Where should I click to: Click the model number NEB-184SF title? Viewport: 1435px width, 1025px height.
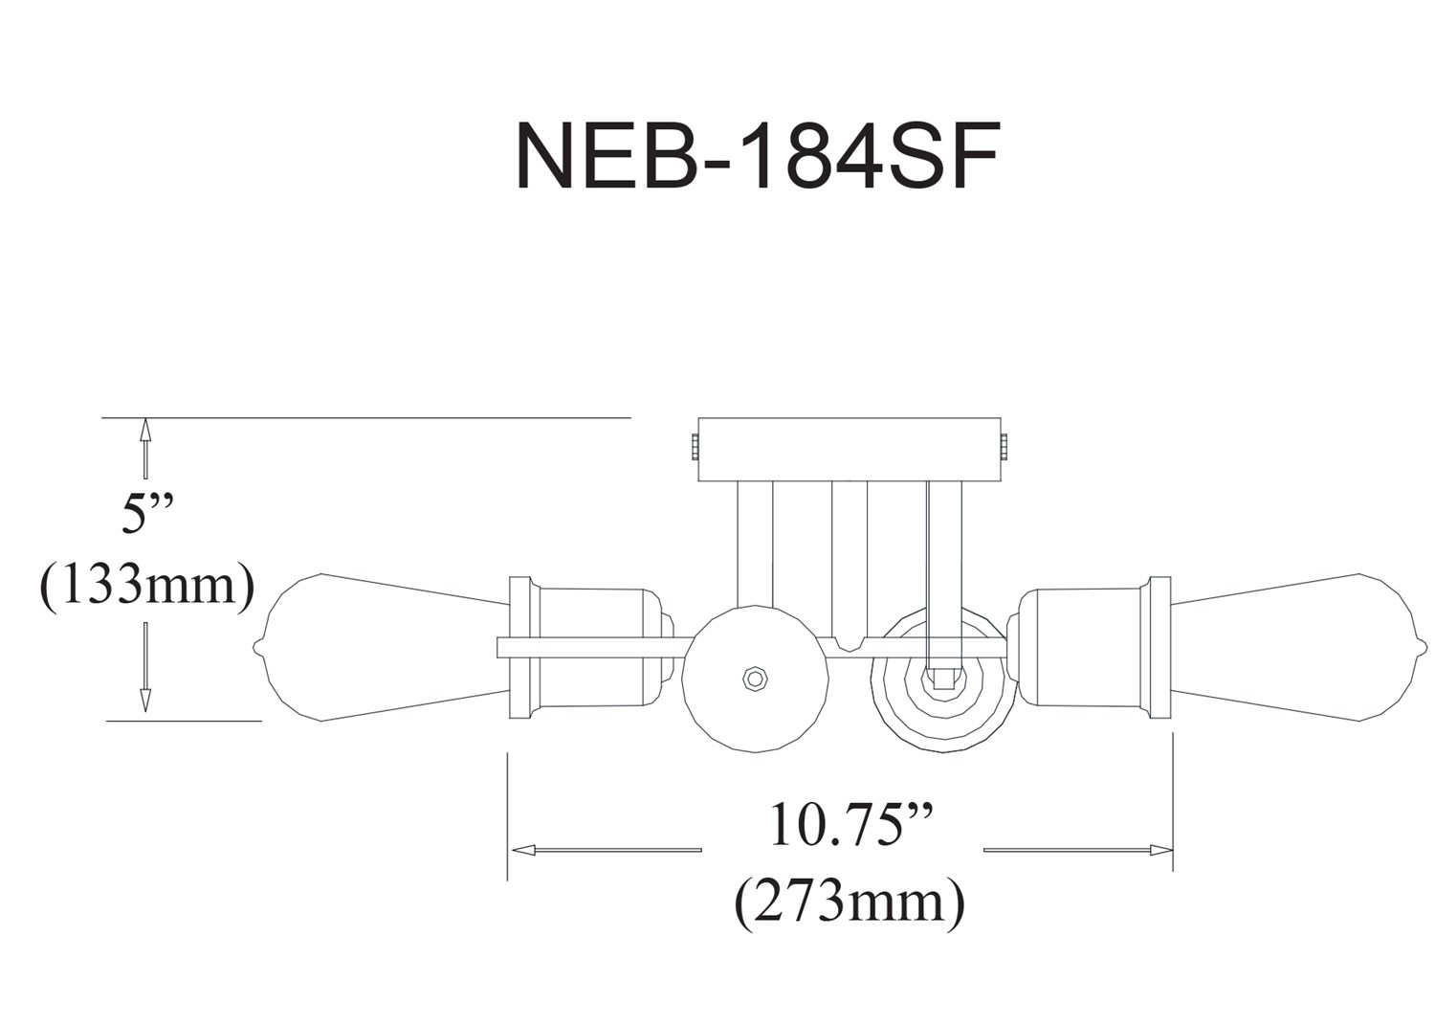[757, 156]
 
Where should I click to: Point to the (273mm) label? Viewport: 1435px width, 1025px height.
[849, 903]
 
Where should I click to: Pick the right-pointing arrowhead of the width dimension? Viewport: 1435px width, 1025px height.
[1160, 851]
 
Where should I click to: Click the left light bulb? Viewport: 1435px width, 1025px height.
[385, 647]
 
